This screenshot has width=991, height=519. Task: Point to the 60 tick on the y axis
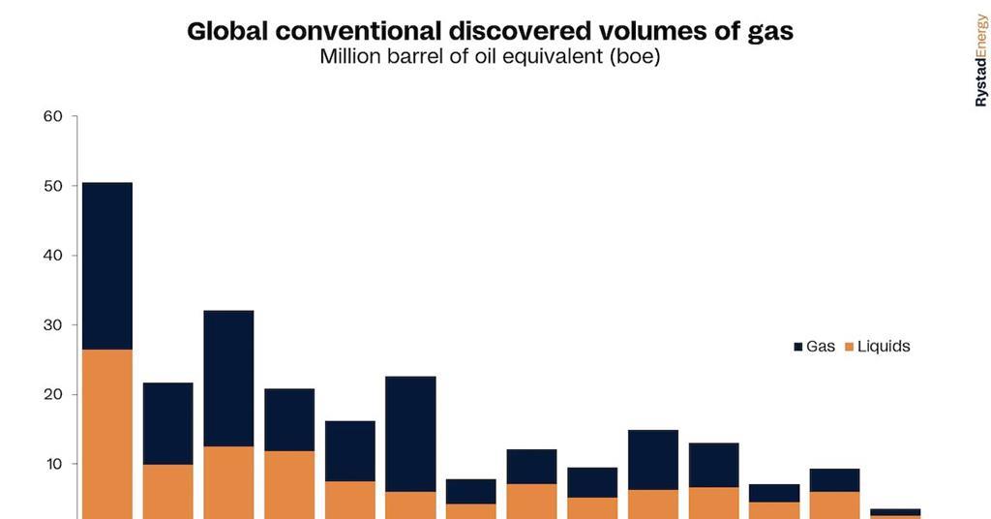coord(53,117)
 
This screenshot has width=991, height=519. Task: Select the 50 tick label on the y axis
coord(53,186)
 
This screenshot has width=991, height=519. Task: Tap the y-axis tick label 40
coord(53,256)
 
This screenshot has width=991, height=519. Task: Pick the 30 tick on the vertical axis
coord(53,325)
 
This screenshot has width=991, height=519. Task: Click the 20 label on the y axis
coord(53,395)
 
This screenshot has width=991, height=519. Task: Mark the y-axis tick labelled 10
coord(53,465)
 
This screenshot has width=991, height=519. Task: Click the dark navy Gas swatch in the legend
coord(798,347)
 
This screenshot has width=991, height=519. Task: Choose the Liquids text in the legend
coord(884,347)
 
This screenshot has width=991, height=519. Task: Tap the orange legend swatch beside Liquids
coord(850,347)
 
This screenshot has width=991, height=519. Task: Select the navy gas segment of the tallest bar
coord(107,265)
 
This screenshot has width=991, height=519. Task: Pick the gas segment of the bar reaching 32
coord(228,378)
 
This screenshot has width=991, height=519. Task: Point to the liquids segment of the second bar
coord(168,492)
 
